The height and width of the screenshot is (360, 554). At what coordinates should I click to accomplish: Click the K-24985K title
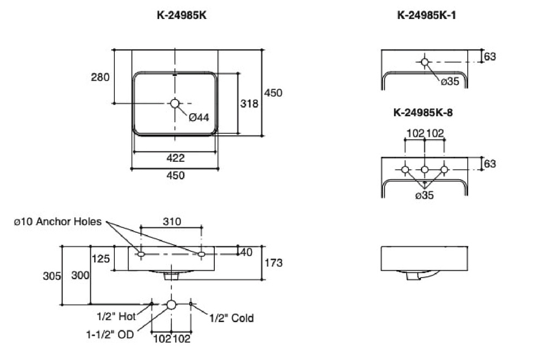(x=182, y=15)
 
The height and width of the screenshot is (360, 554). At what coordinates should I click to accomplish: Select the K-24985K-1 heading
(x=426, y=15)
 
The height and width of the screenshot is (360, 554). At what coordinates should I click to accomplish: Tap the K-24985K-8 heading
(x=423, y=113)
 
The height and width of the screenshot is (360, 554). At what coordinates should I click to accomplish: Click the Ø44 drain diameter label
(x=199, y=117)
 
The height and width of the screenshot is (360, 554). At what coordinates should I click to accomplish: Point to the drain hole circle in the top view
(x=175, y=103)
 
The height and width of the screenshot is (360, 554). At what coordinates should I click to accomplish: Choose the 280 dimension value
(x=100, y=77)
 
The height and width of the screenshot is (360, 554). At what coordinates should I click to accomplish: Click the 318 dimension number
(x=249, y=103)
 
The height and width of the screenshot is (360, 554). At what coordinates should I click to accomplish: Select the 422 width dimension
(x=175, y=158)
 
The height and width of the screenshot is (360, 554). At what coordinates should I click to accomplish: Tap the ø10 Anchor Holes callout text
(x=57, y=222)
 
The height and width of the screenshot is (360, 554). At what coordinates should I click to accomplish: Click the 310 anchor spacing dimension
(x=172, y=221)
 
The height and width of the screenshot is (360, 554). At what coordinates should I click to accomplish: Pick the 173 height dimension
(x=273, y=263)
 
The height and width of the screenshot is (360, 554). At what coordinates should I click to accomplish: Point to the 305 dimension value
(x=52, y=276)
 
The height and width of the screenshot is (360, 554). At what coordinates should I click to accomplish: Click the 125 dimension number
(x=101, y=259)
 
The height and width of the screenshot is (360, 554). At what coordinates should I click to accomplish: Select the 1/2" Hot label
(x=116, y=316)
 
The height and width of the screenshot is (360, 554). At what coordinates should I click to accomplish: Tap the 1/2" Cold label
(x=232, y=318)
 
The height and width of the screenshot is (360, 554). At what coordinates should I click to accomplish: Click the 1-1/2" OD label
(x=110, y=334)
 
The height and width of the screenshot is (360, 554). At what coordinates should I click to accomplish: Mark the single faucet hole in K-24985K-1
(x=425, y=62)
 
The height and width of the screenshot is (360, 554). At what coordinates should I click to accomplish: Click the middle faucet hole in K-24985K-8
(x=425, y=170)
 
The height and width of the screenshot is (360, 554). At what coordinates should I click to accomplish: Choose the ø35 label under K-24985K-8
(x=424, y=195)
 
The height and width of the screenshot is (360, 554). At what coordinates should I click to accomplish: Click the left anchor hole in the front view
(x=141, y=254)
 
